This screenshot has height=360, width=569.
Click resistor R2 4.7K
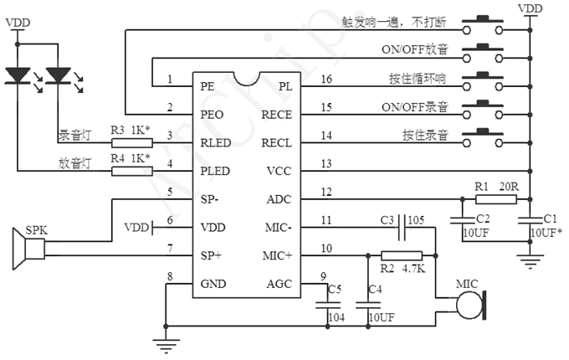(x=401, y=255)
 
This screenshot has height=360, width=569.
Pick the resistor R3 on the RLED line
(x=131, y=143)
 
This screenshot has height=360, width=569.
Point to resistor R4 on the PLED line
(x=131, y=172)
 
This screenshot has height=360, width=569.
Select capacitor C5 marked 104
(x=324, y=305)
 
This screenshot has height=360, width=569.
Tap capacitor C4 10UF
(x=367, y=305)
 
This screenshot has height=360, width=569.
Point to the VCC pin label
(x=278, y=171)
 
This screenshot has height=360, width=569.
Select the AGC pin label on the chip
(x=278, y=284)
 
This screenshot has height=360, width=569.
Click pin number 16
(x=326, y=80)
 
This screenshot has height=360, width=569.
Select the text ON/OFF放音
(x=415, y=49)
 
